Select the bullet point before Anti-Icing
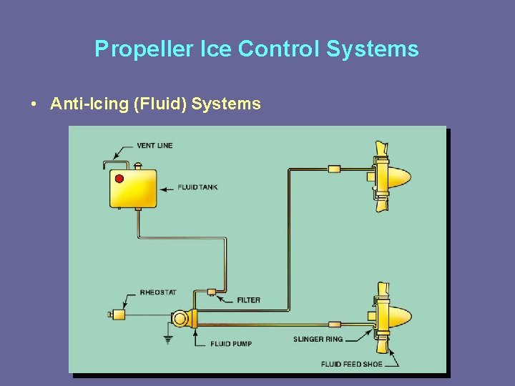pyautogui.click(x=34, y=104)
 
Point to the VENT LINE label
pyautogui.click(x=154, y=146)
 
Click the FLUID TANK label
pyautogui.click(x=197, y=187)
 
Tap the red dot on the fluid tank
pyautogui.click(x=119, y=179)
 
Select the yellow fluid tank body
pyautogui.click(x=134, y=189)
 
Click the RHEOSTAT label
pyautogui.click(x=158, y=292)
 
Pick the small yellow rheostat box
pyautogui.click(x=118, y=314)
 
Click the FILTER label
pyautogui.click(x=248, y=300)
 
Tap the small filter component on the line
pyautogui.click(x=211, y=292)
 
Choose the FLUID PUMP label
pyautogui.click(x=230, y=344)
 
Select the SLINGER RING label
pyautogui.click(x=318, y=339)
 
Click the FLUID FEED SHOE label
pyautogui.click(x=350, y=364)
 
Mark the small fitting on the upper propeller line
pyautogui.click(x=334, y=169)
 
